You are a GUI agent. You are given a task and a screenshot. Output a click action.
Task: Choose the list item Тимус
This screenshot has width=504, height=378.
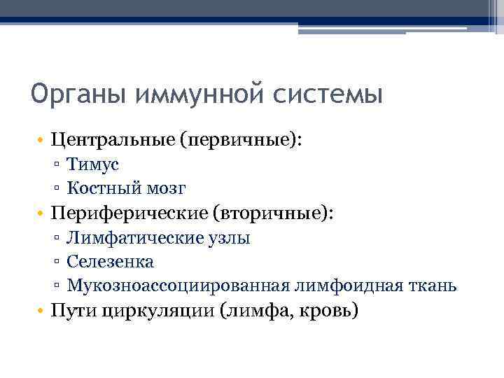[93, 164]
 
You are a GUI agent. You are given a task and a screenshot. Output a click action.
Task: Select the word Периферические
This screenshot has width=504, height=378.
[127, 213]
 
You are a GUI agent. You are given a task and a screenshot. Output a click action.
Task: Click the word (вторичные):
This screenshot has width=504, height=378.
[272, 213]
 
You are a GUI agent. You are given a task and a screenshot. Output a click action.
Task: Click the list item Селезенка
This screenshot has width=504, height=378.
[111, 262]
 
